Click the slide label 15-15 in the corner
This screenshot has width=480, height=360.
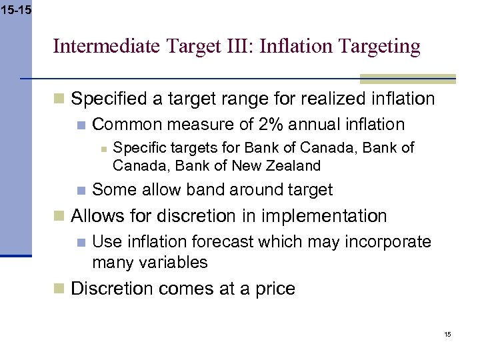tap(15, 11)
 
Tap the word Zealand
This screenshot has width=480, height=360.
tap(293, 165)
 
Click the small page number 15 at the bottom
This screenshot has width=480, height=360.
tap(447, 334)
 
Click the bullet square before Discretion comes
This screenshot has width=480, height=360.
tap(59, 289)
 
